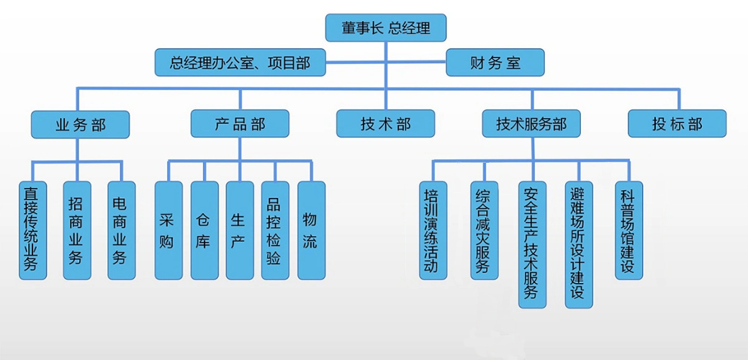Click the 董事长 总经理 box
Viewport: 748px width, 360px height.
point(387,28)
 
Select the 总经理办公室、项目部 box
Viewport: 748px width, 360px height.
point(240,63)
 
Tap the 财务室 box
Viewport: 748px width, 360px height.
point(495,63)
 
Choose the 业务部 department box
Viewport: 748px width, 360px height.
point(80,124)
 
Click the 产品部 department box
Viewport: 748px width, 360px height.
point(240,124)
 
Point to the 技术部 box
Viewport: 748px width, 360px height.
point(385,124)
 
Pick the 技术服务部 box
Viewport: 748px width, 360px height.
point(531,124)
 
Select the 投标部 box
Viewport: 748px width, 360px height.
point(677,124)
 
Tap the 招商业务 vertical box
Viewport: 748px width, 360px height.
point(76,230)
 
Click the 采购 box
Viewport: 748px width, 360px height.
point(168,230)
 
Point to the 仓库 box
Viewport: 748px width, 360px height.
point(204,230)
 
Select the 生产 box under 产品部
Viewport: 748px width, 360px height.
point(240,230)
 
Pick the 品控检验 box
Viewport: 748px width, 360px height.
point(275,230)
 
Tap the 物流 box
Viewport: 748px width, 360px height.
point(311,230)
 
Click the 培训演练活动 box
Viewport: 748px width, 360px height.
point(433,230)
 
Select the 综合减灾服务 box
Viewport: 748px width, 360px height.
point(484,230)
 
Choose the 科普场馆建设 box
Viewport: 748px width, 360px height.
point(627,230)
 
